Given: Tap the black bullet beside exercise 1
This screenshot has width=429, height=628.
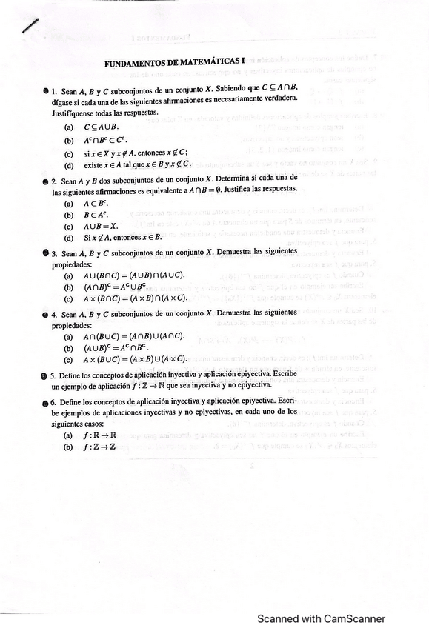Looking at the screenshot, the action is click(45, 90).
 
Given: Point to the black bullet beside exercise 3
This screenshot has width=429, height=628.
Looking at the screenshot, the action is click(44, 253).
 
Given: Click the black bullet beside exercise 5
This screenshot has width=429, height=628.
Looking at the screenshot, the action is click(44, 376).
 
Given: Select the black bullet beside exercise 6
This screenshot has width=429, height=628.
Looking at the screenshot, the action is click(44, 402).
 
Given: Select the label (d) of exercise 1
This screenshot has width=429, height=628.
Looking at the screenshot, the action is click(69, 164).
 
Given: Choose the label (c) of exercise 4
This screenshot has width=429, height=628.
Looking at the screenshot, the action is click(69, 359).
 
